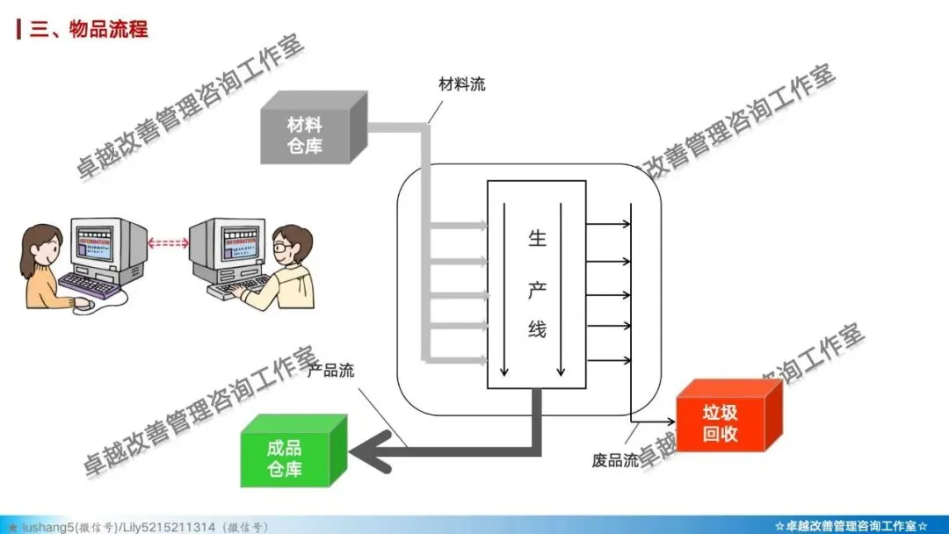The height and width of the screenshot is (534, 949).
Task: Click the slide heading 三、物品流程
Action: pos(89,29)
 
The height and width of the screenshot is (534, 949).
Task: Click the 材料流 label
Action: pos(462,85)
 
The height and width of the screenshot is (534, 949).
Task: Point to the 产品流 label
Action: pos(331,371)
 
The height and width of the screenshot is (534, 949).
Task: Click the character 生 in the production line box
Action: pos(537,239)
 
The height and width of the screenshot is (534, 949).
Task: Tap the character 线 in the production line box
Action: pos(537,329)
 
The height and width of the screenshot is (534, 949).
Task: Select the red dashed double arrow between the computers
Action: pos(168,243)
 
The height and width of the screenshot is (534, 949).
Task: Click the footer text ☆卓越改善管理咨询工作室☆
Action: pos(851,526)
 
